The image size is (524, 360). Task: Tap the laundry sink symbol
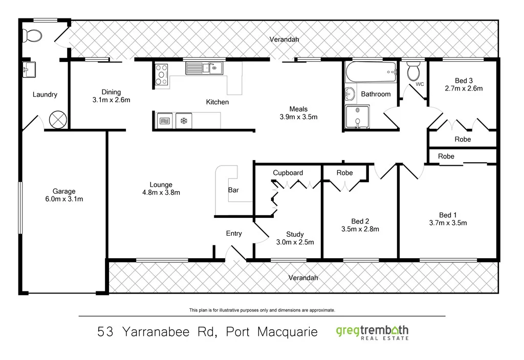28,70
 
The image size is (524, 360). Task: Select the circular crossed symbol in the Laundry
57,120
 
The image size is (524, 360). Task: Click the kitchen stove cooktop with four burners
162,74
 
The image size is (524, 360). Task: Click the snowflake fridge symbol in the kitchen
183,121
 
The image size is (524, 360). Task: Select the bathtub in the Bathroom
371,72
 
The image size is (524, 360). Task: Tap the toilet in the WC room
413,72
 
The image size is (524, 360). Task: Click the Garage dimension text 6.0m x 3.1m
64,199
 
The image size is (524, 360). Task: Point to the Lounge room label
161,185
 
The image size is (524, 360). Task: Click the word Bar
233,190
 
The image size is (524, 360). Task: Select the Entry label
234,234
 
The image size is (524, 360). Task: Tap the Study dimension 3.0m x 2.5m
295,242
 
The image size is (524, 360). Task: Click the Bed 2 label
360,221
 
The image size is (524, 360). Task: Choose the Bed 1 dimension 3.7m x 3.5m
448,222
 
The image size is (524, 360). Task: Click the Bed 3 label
464,80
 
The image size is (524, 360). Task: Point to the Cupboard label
288,173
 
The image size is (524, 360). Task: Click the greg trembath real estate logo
372,332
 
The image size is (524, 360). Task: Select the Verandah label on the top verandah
285,39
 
